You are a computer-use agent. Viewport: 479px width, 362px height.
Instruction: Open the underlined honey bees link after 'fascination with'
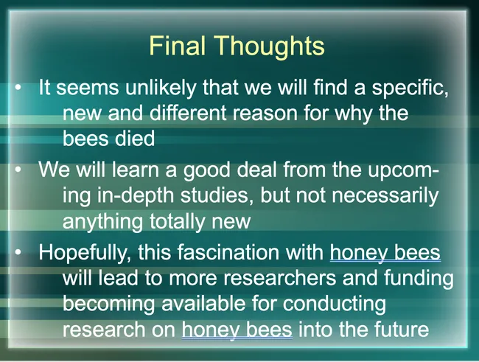click(x=385, y=254)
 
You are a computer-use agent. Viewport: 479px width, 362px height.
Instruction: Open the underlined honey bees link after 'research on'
click(x=237, y=329)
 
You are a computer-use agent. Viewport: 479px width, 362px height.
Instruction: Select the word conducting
click(x=340, y=304)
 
